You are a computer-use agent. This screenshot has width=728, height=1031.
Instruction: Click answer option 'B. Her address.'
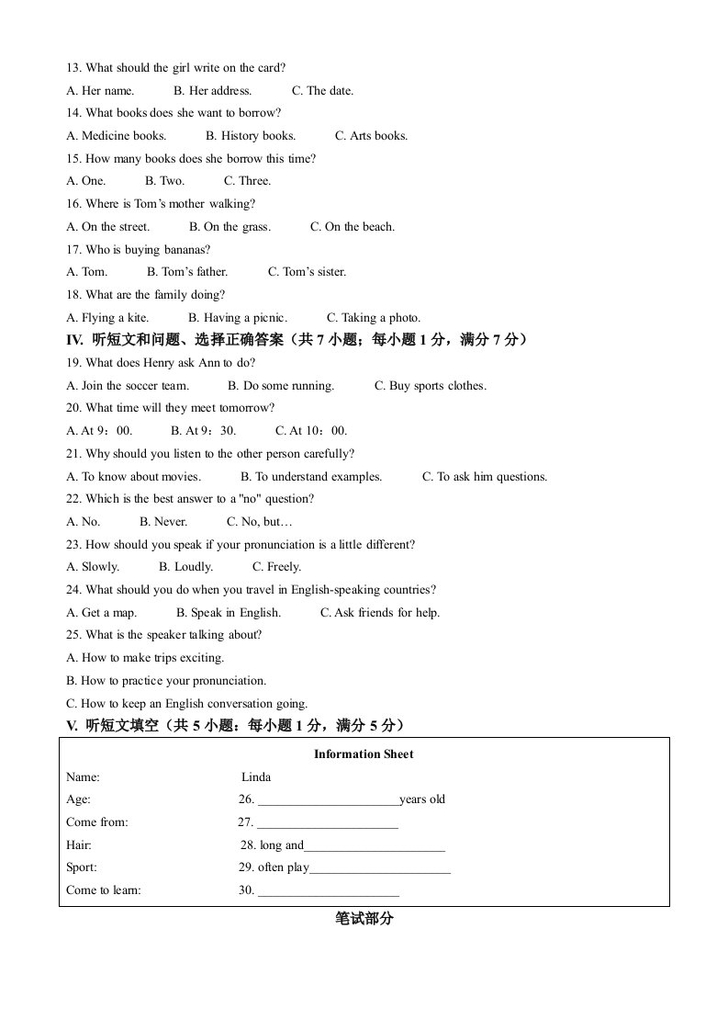pyautogui.click(x=212, y=90)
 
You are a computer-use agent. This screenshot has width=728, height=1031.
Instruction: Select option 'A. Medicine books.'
pyautogui.click(x=117, y=135)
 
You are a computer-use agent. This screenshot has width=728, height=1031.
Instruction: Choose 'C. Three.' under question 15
pyautogui.click(x=247, y=181)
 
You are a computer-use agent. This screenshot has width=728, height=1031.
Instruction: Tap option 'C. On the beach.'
pyautogui.click(x=352, y=226)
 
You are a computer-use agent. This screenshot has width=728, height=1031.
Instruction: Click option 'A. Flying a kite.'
pyautogui.click(x=107, y=318)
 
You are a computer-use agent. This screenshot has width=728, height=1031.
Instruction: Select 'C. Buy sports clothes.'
pyautogui.click(x=430, y=386)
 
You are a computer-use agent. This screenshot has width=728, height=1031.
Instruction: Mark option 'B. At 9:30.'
pyautogui.click(x=203, y=431)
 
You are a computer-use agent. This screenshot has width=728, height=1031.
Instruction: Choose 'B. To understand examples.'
pyautogui.click(x=310, y=476)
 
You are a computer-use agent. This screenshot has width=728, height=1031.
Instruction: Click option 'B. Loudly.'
pyautogui.click(x=185, y=567)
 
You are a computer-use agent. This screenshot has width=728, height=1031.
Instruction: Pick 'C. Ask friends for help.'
pyautogui.click(x=379, y=613)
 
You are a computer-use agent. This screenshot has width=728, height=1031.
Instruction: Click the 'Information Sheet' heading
pyautogui.click(x=364, y=754)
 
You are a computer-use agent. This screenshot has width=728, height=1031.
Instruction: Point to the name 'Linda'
pyautogui.click(x=256, y=776)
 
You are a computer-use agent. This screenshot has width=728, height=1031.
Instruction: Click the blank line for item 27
pyautogui.click(x=328, y=822)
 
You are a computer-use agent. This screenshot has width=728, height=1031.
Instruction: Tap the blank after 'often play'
pyautogui.click(x=380, y=867)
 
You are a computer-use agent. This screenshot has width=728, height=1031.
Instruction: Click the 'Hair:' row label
pyautogui.click(x=79, y=844)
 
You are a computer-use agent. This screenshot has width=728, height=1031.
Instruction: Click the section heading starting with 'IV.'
pyautogui.click(x=297, y=340)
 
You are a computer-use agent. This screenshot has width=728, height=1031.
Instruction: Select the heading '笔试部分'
pyautogui.click(x=364, y=918)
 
